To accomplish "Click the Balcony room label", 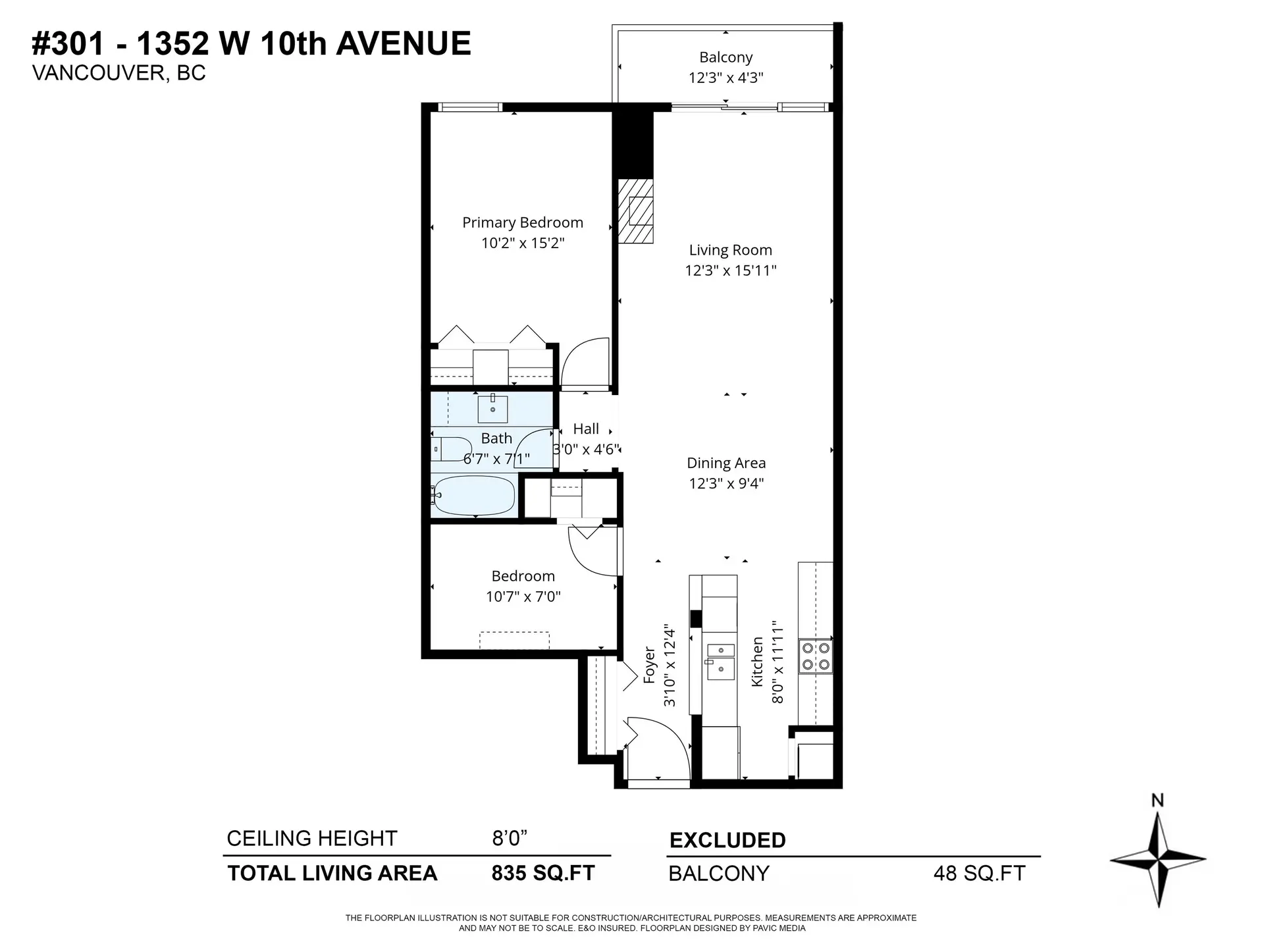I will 725,57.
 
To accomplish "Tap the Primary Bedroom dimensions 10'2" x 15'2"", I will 523,243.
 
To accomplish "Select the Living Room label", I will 730,250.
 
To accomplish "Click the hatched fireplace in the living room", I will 635,211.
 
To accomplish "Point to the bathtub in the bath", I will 474,496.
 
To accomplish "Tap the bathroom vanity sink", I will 492,409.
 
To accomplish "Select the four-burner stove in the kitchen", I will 815,656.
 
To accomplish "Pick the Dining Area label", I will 726,463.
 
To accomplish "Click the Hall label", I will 586,429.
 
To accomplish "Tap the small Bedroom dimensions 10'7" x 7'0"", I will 523,596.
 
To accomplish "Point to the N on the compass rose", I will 1157,800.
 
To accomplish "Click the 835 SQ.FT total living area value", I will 543,873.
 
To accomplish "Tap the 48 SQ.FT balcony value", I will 979,874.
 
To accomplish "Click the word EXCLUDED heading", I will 727,840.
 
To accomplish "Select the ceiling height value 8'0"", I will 510,838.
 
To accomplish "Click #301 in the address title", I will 68,44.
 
